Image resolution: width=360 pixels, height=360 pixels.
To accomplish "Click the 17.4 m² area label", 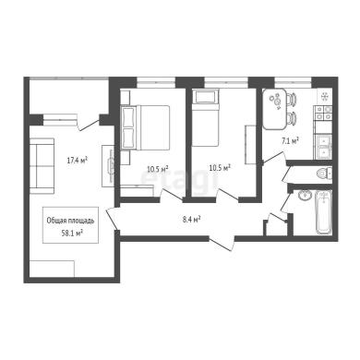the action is point(78,160).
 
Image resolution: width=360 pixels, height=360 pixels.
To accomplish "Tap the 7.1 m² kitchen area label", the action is point(290,141).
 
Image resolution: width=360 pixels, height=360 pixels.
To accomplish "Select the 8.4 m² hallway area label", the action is point(191,220).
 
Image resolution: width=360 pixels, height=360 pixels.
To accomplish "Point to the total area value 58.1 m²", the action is point(72,233).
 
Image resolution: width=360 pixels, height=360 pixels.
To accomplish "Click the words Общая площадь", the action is point(70,221).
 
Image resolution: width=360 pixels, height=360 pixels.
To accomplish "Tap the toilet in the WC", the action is point(324,174).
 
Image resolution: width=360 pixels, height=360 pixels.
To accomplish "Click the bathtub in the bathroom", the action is point(323,212).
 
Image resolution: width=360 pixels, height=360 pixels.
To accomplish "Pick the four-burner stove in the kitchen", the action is point(323,113).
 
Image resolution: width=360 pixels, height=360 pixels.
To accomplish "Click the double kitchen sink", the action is point(323,147).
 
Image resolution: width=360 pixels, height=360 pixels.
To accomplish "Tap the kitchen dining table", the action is point(274,109).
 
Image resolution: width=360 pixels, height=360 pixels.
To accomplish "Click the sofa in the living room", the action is point(42,166).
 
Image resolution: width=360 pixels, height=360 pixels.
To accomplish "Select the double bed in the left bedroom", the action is point(145,127).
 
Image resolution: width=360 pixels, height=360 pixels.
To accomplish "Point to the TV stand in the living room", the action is point(108,165).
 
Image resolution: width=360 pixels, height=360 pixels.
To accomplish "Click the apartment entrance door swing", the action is point(222,244).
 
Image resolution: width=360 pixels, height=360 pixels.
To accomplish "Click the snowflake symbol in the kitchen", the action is point(324,97).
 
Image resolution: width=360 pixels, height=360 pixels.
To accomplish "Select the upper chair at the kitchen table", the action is point(292,100).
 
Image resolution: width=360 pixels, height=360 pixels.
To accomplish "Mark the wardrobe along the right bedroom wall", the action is point(250,145).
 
